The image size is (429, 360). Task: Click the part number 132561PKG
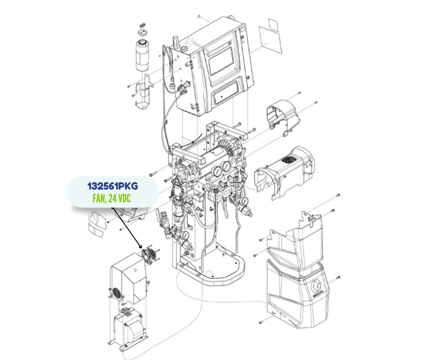tap(112, 186)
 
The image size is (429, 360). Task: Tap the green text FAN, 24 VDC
tap(111, 198)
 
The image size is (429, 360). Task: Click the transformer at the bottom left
tap(129, 329)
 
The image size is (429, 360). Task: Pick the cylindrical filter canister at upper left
tap(142, 56)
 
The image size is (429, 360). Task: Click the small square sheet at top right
tap(273, 25)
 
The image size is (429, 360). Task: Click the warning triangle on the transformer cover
tap(135, 270)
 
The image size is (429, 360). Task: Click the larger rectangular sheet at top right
tap(270, 40)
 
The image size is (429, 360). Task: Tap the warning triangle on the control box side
tap(243, 42)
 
